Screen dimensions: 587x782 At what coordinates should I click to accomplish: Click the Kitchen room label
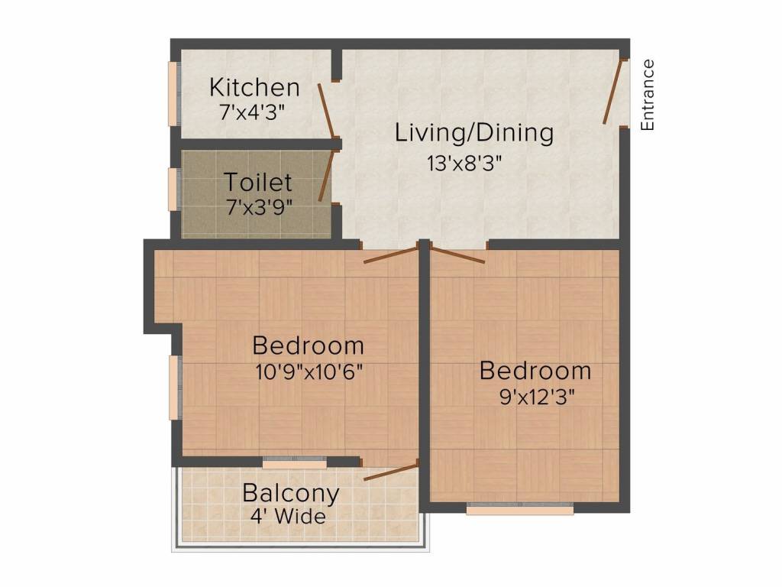point(254,88)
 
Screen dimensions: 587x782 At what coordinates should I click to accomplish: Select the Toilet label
point(257,183)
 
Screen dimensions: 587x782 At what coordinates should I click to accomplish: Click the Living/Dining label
point(473,133)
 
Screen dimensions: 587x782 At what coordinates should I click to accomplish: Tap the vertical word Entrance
point(648,95)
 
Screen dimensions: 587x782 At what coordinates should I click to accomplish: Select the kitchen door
point(326,112)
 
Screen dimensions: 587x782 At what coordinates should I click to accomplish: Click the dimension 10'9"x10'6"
point(308,371)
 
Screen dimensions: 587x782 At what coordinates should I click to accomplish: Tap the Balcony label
point(290,493)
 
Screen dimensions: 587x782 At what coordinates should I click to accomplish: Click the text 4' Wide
point(288,517)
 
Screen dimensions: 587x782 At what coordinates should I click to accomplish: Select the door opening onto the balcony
point(391,471)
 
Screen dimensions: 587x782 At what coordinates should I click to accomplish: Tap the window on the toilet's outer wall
point(173,187)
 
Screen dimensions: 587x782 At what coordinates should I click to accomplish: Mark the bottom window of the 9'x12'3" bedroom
point(519,508)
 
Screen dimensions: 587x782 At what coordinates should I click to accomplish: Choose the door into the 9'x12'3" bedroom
point(457,254)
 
